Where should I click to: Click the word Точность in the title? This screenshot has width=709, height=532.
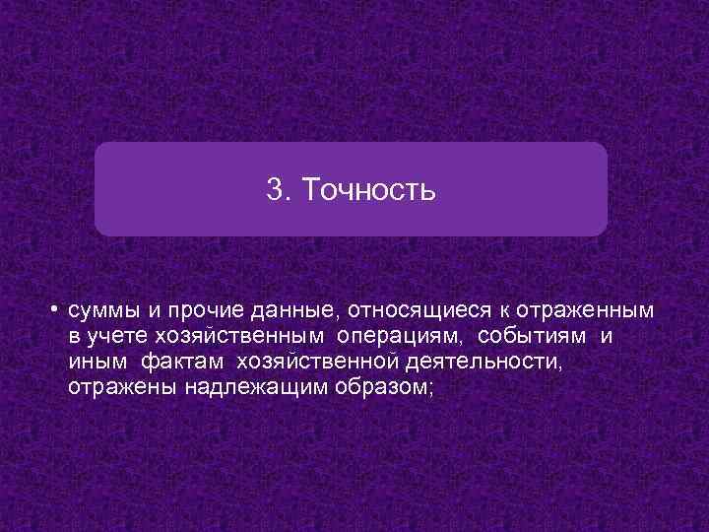[x=368, y=189]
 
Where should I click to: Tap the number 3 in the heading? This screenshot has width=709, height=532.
[x=274, y=189]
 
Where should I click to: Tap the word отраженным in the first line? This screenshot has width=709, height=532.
[x=584, y=311]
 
